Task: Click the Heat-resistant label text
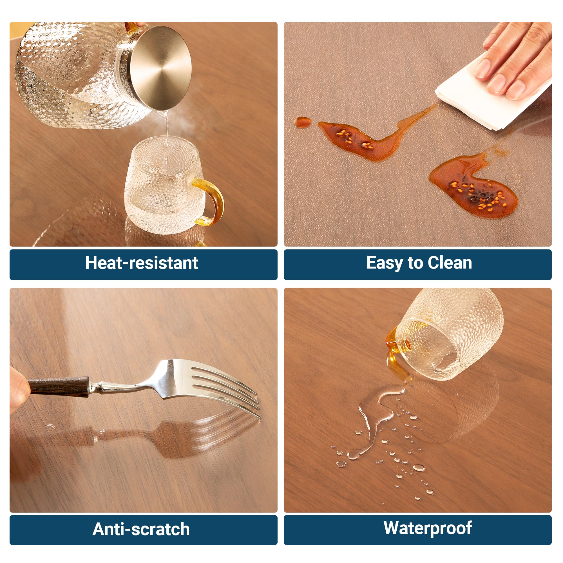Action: click(142, 263)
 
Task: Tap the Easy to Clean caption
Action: click(419, 263)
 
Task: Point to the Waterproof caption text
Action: click(428, 528)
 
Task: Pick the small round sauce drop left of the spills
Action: click(303, 122)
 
